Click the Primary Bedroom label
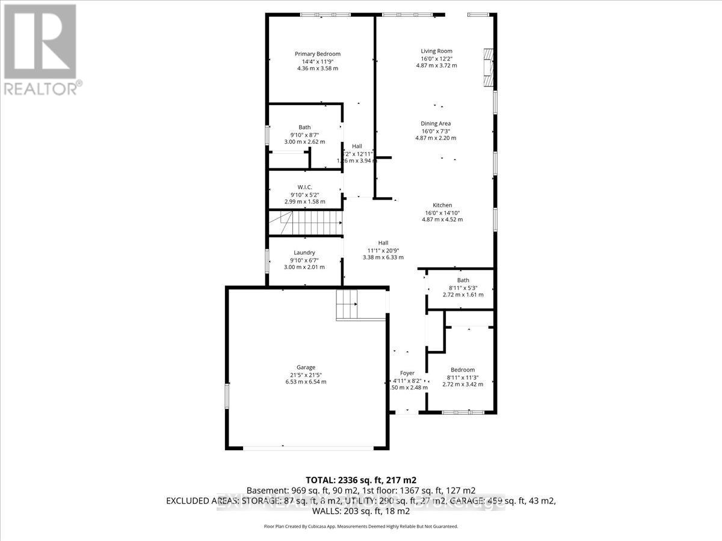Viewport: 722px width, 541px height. pyautogui.click(x=317, y=53)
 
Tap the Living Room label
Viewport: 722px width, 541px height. pyautogui.click(x=436, y=51)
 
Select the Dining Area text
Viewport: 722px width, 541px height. pyautogui.click(x=436, y=123)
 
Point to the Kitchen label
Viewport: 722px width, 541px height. pyautogui.click(x=442, y=205)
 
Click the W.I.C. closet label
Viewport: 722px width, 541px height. pyautogui.click(x=304, y=187)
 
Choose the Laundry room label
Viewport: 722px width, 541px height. pyautogui.click(x=304, y=252)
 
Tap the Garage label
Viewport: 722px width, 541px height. pyautogui.click(x=306, y=367)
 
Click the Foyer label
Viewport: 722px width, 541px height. pyautogui.click(x=407, y=373)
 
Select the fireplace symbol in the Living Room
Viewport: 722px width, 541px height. pyautogui.click(x=487, y=67)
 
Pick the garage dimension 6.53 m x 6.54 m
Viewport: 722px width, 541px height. pyautogui.click(x=306, y=382)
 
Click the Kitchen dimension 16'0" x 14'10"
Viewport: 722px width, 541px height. pyautogui.click(x=442, y=212)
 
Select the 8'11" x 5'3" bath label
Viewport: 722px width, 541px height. pyautogui.click(x=463, y=287)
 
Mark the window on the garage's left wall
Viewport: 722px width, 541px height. pyautogui.click(x=227, y=397)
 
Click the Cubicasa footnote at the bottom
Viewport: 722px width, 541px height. pyautogui.click(x=361, y=526)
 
